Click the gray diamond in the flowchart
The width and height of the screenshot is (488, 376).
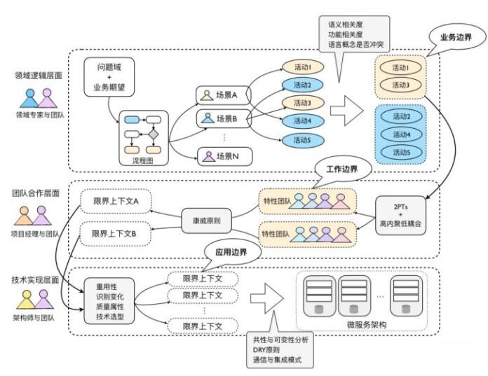click(x=153, y=133)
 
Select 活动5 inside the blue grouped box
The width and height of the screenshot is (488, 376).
click(x=402, y=152)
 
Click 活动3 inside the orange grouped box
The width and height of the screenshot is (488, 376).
click(x=402, y=85)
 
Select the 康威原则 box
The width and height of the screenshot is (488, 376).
click(x=206, y=220)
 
